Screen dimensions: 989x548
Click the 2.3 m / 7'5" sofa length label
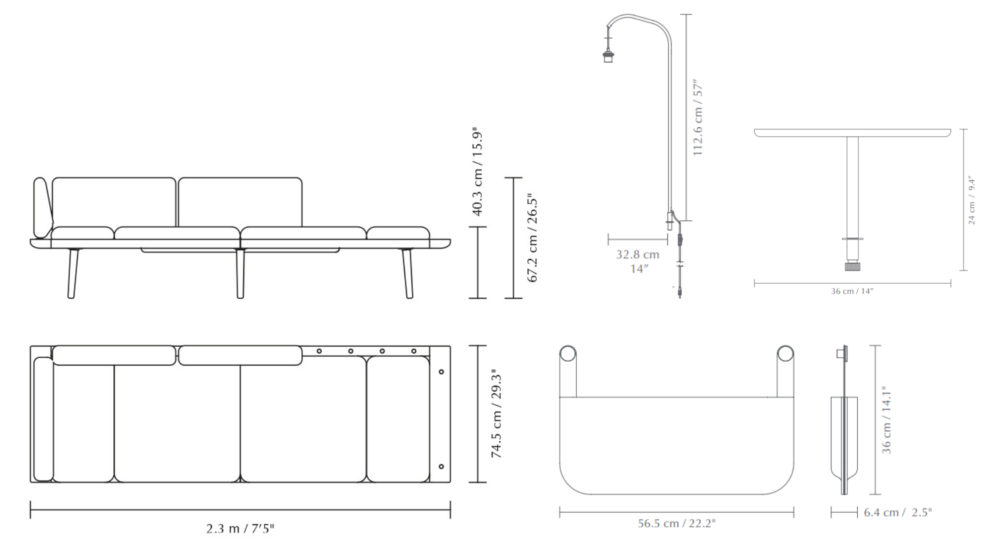(x=240, y=528)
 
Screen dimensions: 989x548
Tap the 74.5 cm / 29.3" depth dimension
(x=496, y=414)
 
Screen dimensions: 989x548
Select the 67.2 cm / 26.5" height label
(x=532, y=238)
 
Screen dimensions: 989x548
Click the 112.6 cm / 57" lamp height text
(x=698, y=117)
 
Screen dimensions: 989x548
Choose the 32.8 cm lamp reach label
(x=637, y=255)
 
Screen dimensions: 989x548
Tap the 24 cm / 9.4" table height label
(x=971, y=201)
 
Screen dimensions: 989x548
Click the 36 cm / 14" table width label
(x=852, y=291)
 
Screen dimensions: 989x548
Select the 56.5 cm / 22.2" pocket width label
(x=677, y=523)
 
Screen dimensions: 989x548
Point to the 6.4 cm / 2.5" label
(x=898, y=512)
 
